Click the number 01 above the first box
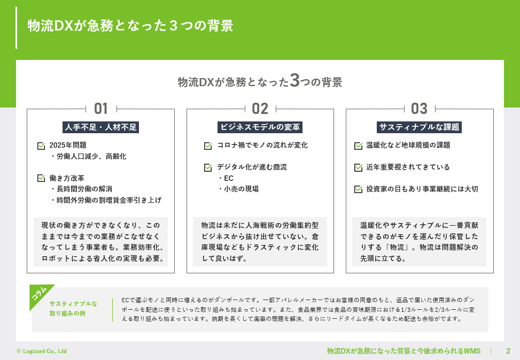click(x=100, y=109)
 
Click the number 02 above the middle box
click(x=260, y=109)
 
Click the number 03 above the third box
click(x=419, y=109)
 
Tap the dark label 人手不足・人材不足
click(x=100, y=127)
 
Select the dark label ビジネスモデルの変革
click(x=260, y=127)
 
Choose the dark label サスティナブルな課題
click(x=420, y=127)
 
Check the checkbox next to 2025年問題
click(x=41, y=145)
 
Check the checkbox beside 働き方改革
click(x=41, y=178)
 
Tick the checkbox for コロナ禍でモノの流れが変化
click(x=208, y=145)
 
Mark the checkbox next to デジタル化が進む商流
click(x=208, y=167)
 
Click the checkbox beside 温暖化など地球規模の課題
click(x=358, y=145)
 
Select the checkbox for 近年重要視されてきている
click(x=358, y=167)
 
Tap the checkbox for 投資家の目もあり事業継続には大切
click(x=358, y=189)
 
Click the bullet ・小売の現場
click(x=238, y=189)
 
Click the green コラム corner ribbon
click(x=40, y=295)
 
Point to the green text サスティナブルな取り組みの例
click(x=73, y=309)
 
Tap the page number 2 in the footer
click(x=508, y=351)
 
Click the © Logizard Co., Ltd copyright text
click(x=42, y=351)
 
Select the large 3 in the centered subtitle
click(x=294, y=81)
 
